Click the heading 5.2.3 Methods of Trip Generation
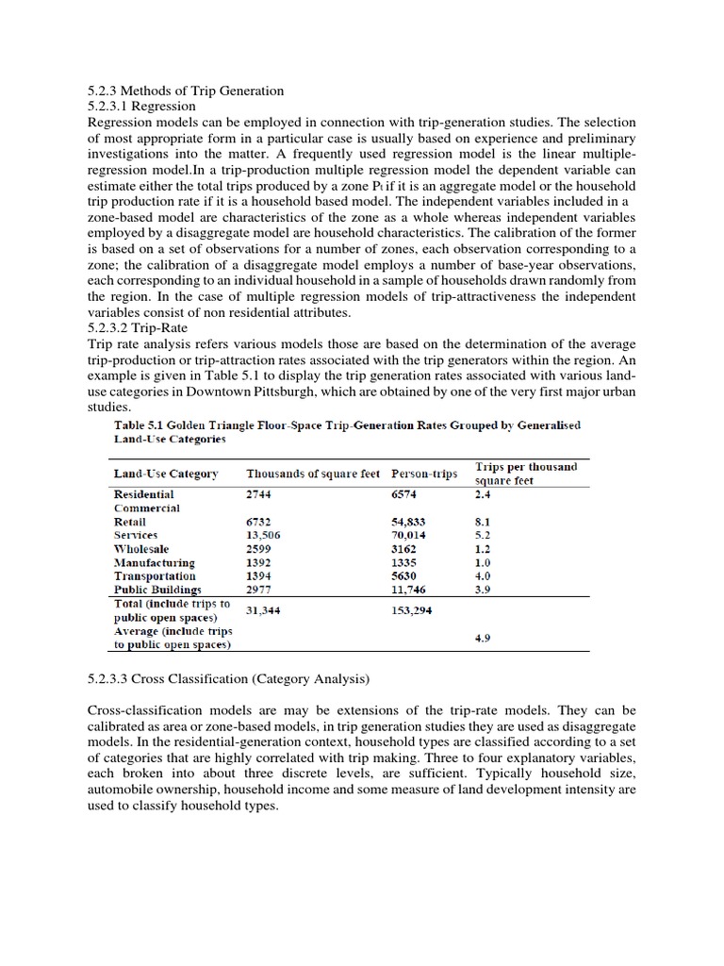point(185,91)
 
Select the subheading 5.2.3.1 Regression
point(140,107)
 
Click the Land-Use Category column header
point(165,473)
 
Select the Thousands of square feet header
point(313,473)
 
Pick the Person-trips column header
point(423,473)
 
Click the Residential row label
point(143,493)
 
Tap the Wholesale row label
point(141,548)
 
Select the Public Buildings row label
point(157,590)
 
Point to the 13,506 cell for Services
point(265,535)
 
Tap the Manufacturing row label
point(154,562)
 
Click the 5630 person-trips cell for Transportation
point(403,575)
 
